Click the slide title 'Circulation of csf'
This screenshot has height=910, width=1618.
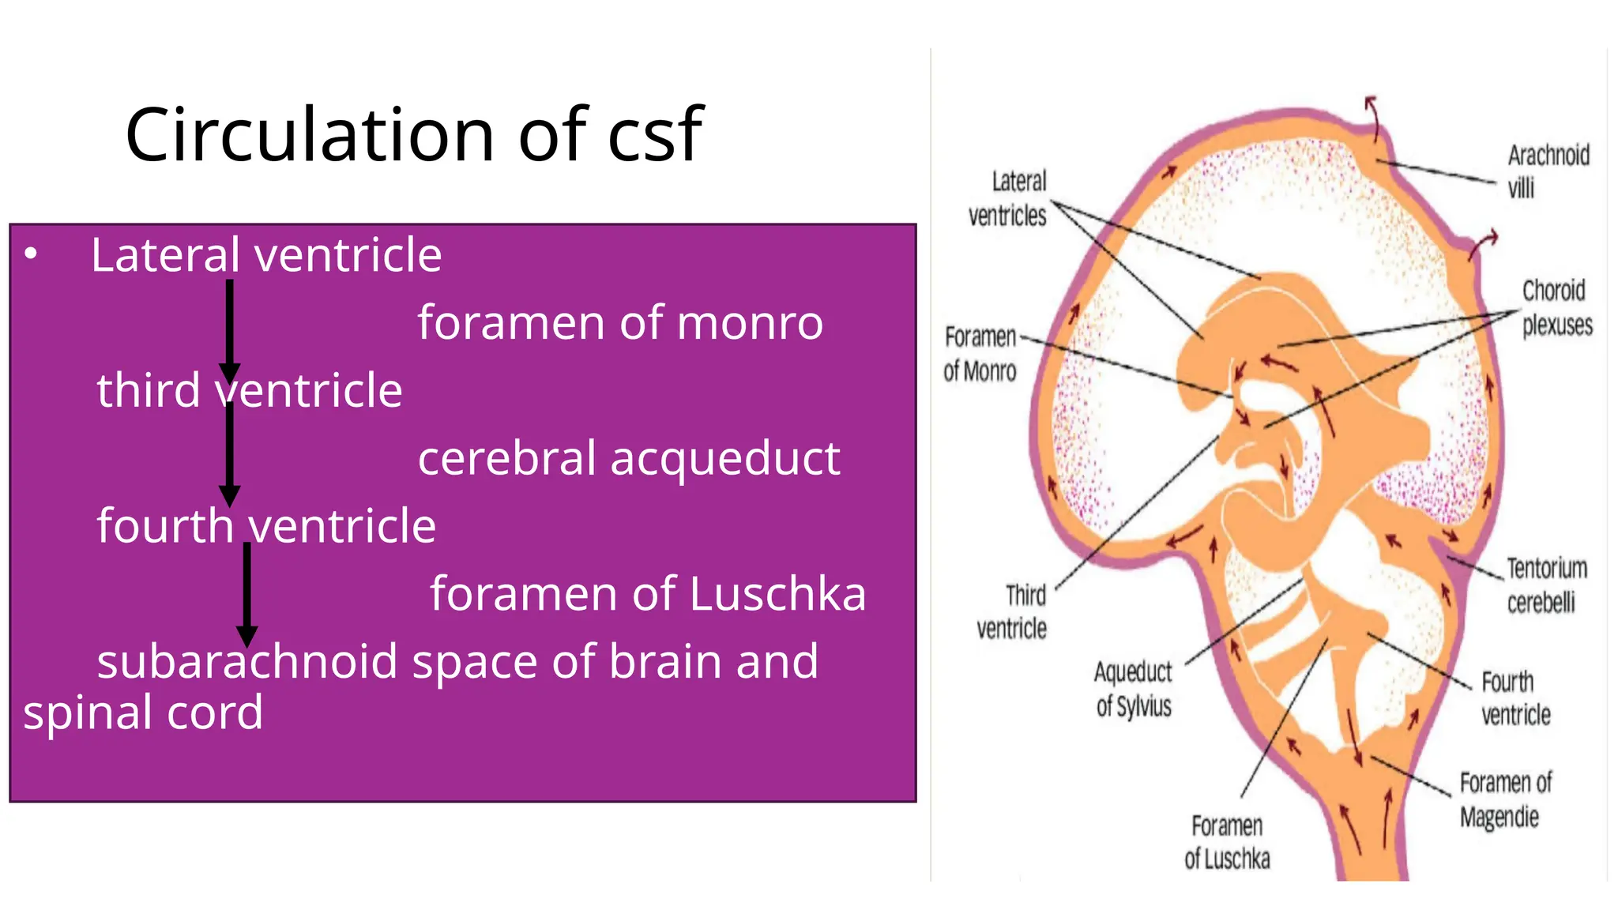pos(413,134)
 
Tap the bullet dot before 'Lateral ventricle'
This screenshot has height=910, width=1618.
pos(31,254)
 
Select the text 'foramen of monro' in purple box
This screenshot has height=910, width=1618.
pos(620,322)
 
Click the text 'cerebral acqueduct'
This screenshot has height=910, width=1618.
pos(629,458)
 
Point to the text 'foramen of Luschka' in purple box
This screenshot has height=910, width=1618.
pos(648,593)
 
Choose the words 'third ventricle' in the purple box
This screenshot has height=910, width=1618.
pos(250,390)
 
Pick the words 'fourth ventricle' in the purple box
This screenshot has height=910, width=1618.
pos(266,526)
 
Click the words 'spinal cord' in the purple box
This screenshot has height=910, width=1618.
pos(143,713)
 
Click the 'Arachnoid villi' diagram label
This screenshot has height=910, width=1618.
pos(1547,171)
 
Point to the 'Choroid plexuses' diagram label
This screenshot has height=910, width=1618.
pos(1556,308)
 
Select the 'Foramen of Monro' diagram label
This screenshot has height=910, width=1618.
pos(980,354)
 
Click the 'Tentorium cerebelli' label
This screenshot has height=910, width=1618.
pos(1545,585)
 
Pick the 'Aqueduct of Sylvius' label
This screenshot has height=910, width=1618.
pos(1133,689)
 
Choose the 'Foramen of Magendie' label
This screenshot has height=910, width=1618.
pos(1504,799)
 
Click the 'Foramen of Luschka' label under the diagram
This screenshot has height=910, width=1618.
pos(1227,842)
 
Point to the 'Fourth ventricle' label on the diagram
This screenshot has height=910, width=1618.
pos(1515,698)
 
